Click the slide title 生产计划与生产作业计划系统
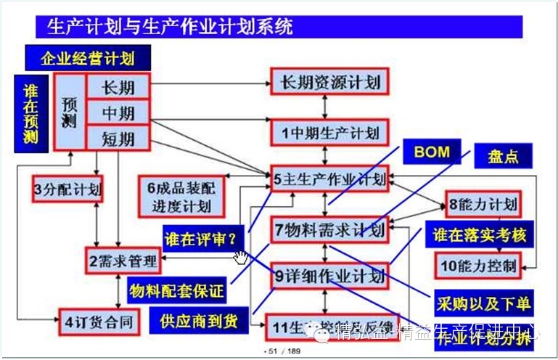171,28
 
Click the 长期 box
118,87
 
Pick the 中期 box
118,112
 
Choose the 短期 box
118,136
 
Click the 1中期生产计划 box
330,133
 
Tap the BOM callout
432,152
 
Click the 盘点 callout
502,155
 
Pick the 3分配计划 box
67,189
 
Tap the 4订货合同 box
99,320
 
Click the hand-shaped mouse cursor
240,257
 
